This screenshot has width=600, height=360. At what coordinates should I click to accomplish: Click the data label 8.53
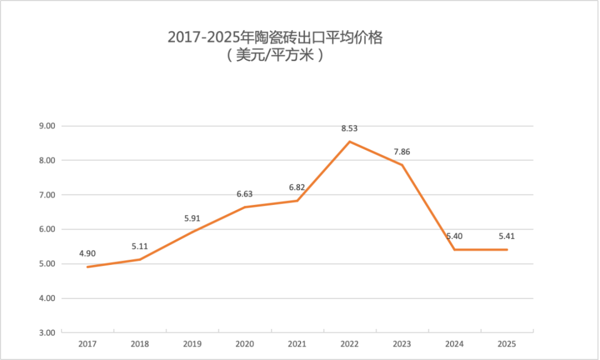[x=349, y=128]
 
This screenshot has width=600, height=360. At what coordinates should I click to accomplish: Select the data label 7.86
[x=402, y=152]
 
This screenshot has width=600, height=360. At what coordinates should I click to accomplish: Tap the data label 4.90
[x=87, y=253]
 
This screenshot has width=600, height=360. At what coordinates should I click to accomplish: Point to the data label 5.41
[x=507, y=236]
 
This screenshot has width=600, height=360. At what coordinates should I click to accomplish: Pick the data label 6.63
[x=244, y=194]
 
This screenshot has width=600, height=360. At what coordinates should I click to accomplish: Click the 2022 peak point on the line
[x=349, y=142]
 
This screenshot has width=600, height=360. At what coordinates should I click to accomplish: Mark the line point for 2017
[x=88, y=267]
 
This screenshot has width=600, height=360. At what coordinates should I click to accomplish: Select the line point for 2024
[x=454, y=249]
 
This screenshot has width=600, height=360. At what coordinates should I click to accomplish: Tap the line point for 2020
[x=245, y=207]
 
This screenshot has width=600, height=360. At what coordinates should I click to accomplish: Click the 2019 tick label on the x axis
[x=192, y=344]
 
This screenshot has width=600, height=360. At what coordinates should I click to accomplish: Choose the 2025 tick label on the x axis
[x=507, y=344]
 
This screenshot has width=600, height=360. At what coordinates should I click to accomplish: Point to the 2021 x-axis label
[x=297, y=344]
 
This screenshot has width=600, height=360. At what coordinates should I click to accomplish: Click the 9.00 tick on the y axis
[x=48, y=126]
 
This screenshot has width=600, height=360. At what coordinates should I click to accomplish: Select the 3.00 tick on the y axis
[x=48, y=333]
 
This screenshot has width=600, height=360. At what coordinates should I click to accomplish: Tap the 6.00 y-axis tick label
[x=48, y=229]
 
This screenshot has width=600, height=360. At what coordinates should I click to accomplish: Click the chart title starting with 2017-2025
[x=275, y=38]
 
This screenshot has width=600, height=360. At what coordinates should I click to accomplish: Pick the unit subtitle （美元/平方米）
[x=275, y=56]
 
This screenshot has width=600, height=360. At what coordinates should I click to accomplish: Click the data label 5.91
[x=193, y=218]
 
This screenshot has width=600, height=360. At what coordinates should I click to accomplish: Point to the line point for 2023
[x=402, y=165]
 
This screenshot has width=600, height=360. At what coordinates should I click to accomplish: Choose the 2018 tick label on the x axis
[x=140, y=344]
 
